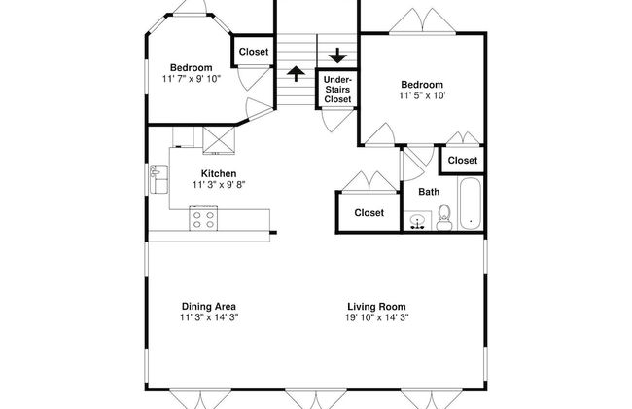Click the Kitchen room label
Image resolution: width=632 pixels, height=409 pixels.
[x=219, y=173]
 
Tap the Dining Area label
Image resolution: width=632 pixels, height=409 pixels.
[x=208, y=305]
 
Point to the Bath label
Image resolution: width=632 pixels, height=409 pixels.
[x=429, y=192]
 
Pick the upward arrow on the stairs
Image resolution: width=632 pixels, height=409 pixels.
[x=296, y=74]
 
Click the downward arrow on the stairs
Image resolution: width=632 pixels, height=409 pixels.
[x=336, y=55]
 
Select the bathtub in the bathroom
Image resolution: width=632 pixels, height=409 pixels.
[x=470, y=205]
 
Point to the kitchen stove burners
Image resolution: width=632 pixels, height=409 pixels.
[x=203, y=219]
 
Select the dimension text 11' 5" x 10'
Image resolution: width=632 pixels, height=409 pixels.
[x=421, y=95]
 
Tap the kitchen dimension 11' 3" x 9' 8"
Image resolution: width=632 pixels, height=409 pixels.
[x=219, y=184]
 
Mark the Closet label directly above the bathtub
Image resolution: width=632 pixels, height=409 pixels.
[x=462, y=160]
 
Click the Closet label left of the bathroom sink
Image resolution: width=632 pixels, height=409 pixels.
[x=369, y=212]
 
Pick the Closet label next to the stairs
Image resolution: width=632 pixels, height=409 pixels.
[x=254, y=52]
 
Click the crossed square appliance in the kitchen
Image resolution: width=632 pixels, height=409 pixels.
[x=219, y=141]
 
